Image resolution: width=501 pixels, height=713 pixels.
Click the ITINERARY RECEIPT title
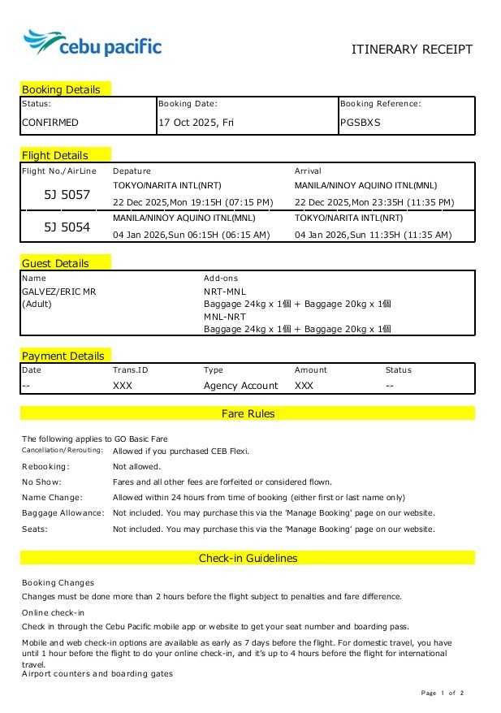coord(411,50)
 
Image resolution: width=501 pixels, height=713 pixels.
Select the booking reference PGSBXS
coord(360,123)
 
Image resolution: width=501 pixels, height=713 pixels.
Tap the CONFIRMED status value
coord(50,123)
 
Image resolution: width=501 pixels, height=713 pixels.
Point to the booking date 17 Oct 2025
coord(194,123)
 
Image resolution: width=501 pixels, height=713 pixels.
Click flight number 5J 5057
coord(67,195)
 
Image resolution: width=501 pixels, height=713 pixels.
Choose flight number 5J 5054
coord(67,227)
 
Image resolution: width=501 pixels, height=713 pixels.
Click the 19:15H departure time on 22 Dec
coord(192,202)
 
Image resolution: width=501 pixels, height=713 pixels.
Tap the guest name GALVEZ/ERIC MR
coord(58,292)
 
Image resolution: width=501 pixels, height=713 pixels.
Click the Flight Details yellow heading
coord(55,155)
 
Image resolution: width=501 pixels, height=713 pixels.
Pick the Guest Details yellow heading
coord(55,263)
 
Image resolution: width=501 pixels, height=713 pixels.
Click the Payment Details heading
coord(63,356)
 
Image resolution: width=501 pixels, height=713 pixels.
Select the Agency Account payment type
coord(240,386)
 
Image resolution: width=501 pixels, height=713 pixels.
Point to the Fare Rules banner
coord(248,413)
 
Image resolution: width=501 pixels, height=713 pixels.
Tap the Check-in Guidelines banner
coord(248,558)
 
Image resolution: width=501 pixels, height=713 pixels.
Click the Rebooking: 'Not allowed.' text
coord(136,467)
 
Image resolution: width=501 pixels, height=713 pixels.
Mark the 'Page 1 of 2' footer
coord(443,693)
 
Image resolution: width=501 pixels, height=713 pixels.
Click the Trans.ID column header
coord(130,370)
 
